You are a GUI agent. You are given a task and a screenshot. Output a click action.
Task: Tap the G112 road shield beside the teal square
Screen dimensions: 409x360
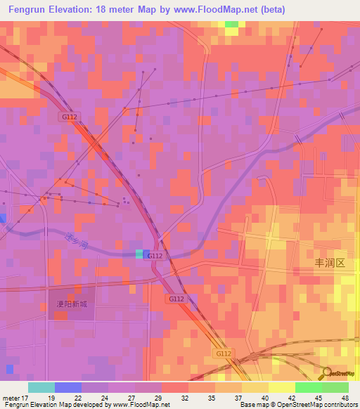click(155, 257)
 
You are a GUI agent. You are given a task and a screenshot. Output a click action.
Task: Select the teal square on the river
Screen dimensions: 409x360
click(141, 253)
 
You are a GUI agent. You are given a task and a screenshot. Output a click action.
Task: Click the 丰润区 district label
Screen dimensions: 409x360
click(330, 263)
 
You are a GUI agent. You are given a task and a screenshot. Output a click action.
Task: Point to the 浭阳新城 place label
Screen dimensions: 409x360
click(72, 304)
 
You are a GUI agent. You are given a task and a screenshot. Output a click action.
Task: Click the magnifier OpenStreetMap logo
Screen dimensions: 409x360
click(328, 373)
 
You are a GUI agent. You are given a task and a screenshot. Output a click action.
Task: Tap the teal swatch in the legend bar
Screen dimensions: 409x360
click(41, 387)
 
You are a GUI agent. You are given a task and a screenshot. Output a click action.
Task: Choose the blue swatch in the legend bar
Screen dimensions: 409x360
click(67, 387)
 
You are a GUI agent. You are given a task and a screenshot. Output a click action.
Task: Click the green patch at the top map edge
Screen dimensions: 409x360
click(231, 25)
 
